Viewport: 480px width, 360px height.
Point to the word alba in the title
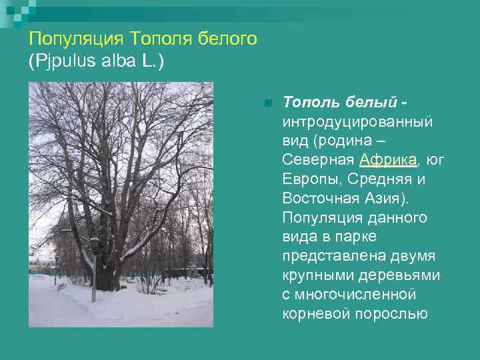(116, 61)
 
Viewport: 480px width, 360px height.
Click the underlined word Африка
(388, 160)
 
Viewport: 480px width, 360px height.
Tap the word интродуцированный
(358, 122)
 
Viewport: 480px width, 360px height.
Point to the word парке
(359, 237)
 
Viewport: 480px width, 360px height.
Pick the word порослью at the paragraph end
(394, 314)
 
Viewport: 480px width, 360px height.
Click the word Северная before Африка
(319, 160)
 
